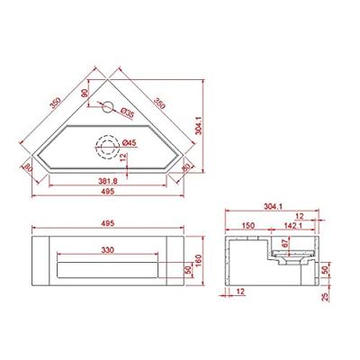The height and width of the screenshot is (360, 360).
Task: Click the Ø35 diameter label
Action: pyautogui.click(x=128, y=114)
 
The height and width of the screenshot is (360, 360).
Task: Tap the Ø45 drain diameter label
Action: pyautogui.click(x=129, y=142)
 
